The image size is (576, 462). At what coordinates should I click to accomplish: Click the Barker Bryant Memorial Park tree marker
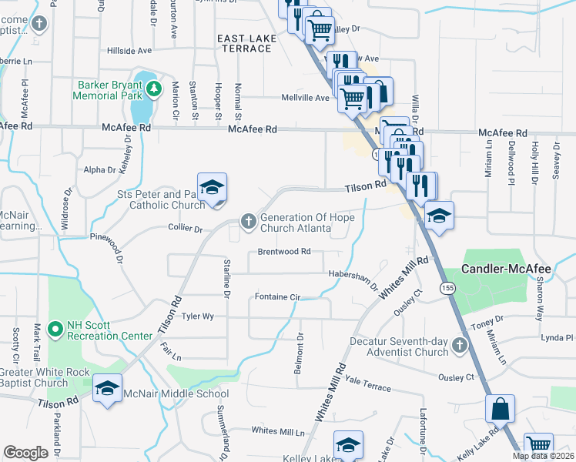[154, 89]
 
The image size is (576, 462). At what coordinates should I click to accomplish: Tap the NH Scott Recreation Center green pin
[55, 330]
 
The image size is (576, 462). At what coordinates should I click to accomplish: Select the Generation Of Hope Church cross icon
[248, 222]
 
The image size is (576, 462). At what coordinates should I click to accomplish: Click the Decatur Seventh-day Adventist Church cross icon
[460, 344]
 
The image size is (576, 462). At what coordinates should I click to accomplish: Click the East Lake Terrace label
[244, 43]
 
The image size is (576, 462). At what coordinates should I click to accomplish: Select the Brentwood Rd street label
[283, 252]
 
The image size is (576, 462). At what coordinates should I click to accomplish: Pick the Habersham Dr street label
[353, 276]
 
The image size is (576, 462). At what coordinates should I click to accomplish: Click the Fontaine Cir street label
[277, 296]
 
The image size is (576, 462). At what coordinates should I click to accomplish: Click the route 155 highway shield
[448, 287]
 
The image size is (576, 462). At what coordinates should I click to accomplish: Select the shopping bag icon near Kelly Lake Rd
[500, 408]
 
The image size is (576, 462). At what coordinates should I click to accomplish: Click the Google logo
[25, 453]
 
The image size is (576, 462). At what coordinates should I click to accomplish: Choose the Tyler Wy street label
[197, 316]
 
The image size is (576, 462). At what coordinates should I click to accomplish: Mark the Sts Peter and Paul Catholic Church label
[161, 200]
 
